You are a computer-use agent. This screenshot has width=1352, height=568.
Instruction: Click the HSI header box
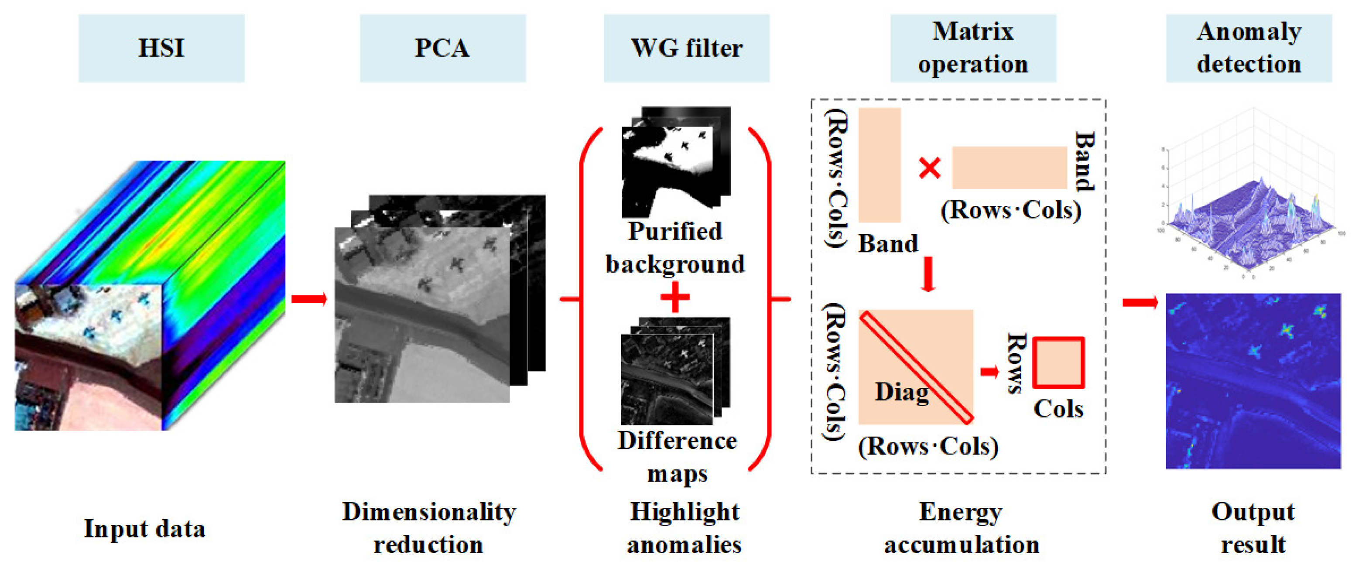pyautogui.click(x=161, y=48)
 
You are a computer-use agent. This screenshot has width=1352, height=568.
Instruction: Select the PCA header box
pyautogui.click(x=442, y=48)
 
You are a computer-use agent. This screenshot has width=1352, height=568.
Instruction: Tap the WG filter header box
pyautogui.click(x=686, y=48)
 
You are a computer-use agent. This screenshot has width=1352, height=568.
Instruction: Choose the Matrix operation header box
pyautogui.click(x=972, y=48)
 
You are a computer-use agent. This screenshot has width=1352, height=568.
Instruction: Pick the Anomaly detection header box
pyautogui.click(x=1249, y=48)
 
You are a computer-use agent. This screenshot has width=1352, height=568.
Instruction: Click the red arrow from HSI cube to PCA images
pyautogui.click(x=309, y=299)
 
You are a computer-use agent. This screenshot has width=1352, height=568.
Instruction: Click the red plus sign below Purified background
pyautogui.click(x=675, y=297)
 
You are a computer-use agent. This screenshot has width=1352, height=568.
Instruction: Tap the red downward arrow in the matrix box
pyautogui.click(x=928, y=274)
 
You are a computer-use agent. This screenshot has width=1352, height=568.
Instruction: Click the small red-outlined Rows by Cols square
pyautogui.click(x=1058, y=363)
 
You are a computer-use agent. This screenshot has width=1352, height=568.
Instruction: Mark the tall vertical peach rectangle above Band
pyautogui.click(x=880, y=165)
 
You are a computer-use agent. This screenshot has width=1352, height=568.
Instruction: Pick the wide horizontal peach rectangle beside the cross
pyautogui.click(x=1009, y=168)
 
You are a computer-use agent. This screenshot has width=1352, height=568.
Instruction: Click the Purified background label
pyautogui.click(x=675, y=247)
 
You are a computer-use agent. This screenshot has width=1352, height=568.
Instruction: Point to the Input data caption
pyautogui.click(x=144, y=528)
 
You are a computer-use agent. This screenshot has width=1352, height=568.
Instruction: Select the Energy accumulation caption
pyautogui.click(x=962, y=528)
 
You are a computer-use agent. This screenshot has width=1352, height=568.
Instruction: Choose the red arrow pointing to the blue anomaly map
pyautogui.click(x=1140, y=302)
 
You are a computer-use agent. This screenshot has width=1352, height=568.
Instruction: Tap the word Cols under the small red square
pyautogui.click(x=1058, y=409)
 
